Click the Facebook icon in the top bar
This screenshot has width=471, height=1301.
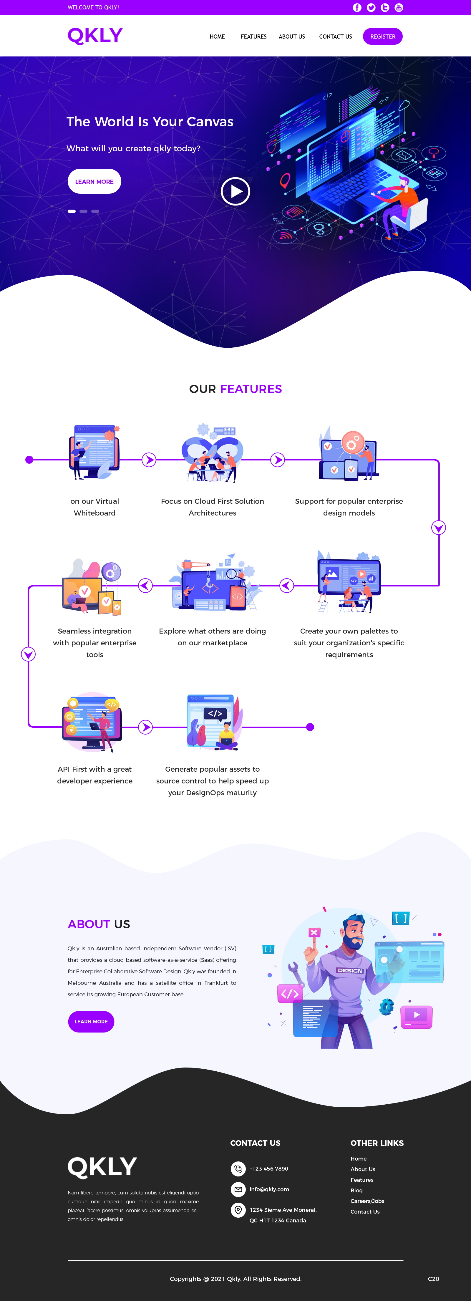[357, 8]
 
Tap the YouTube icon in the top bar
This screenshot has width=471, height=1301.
[399, 8]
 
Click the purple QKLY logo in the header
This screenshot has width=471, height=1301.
[95, 35]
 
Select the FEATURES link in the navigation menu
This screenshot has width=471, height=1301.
[253, 37]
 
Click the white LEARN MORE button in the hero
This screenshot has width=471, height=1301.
[94, 181]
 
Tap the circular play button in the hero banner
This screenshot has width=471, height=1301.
[235, 191]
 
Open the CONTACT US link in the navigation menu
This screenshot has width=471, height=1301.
[335, 37]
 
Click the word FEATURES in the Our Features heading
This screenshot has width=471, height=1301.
[251, 389]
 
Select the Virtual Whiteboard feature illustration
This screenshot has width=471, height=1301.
[95, 452]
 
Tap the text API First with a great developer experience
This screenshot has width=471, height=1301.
[95, 775]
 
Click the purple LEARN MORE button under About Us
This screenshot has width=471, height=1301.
[91, 1021]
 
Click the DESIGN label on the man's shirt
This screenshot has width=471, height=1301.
[350, 970]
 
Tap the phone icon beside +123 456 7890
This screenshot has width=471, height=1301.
[238, 1169]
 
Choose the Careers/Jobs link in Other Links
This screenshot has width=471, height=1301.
[367, 1201]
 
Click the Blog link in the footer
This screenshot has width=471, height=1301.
[356, 1190]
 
